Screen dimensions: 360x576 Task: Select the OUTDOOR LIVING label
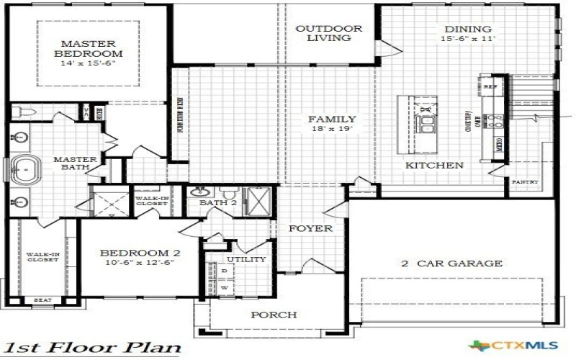click(x=329, y=33)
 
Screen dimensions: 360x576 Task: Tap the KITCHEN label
click(x=433, y=165)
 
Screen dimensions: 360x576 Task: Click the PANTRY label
click(x=525, y=182)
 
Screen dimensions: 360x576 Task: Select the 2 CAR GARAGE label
click(x=451, y=264)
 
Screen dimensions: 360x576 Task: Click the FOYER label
click(x=310, y=228)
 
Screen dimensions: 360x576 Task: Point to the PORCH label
click(x=273, y=315)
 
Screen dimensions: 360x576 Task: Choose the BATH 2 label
click(x=218, y=203)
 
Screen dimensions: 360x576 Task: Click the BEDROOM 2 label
click(x=139, y=253)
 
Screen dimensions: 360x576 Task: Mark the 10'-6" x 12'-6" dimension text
click(x=139, y=264)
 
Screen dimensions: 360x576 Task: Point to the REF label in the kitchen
click(x=491, y=87)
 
